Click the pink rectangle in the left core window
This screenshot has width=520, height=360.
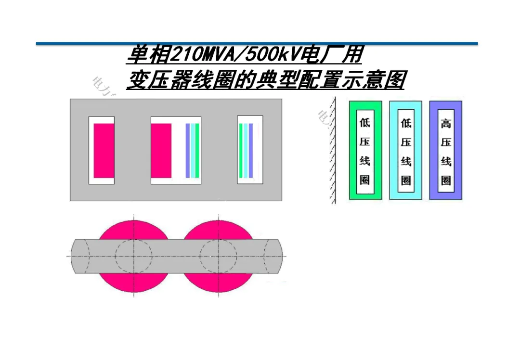pos(104,151)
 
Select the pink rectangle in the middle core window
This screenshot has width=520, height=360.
pos(161,151)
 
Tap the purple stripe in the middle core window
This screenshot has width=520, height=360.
pos(187,151)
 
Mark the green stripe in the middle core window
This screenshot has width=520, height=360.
pos(197,151)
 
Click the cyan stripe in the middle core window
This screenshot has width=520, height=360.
pos(193,151)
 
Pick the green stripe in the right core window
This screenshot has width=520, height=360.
pos(241,151)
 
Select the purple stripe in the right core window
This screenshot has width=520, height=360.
pos(250,151)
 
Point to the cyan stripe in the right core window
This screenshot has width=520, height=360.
pos(246,151)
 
